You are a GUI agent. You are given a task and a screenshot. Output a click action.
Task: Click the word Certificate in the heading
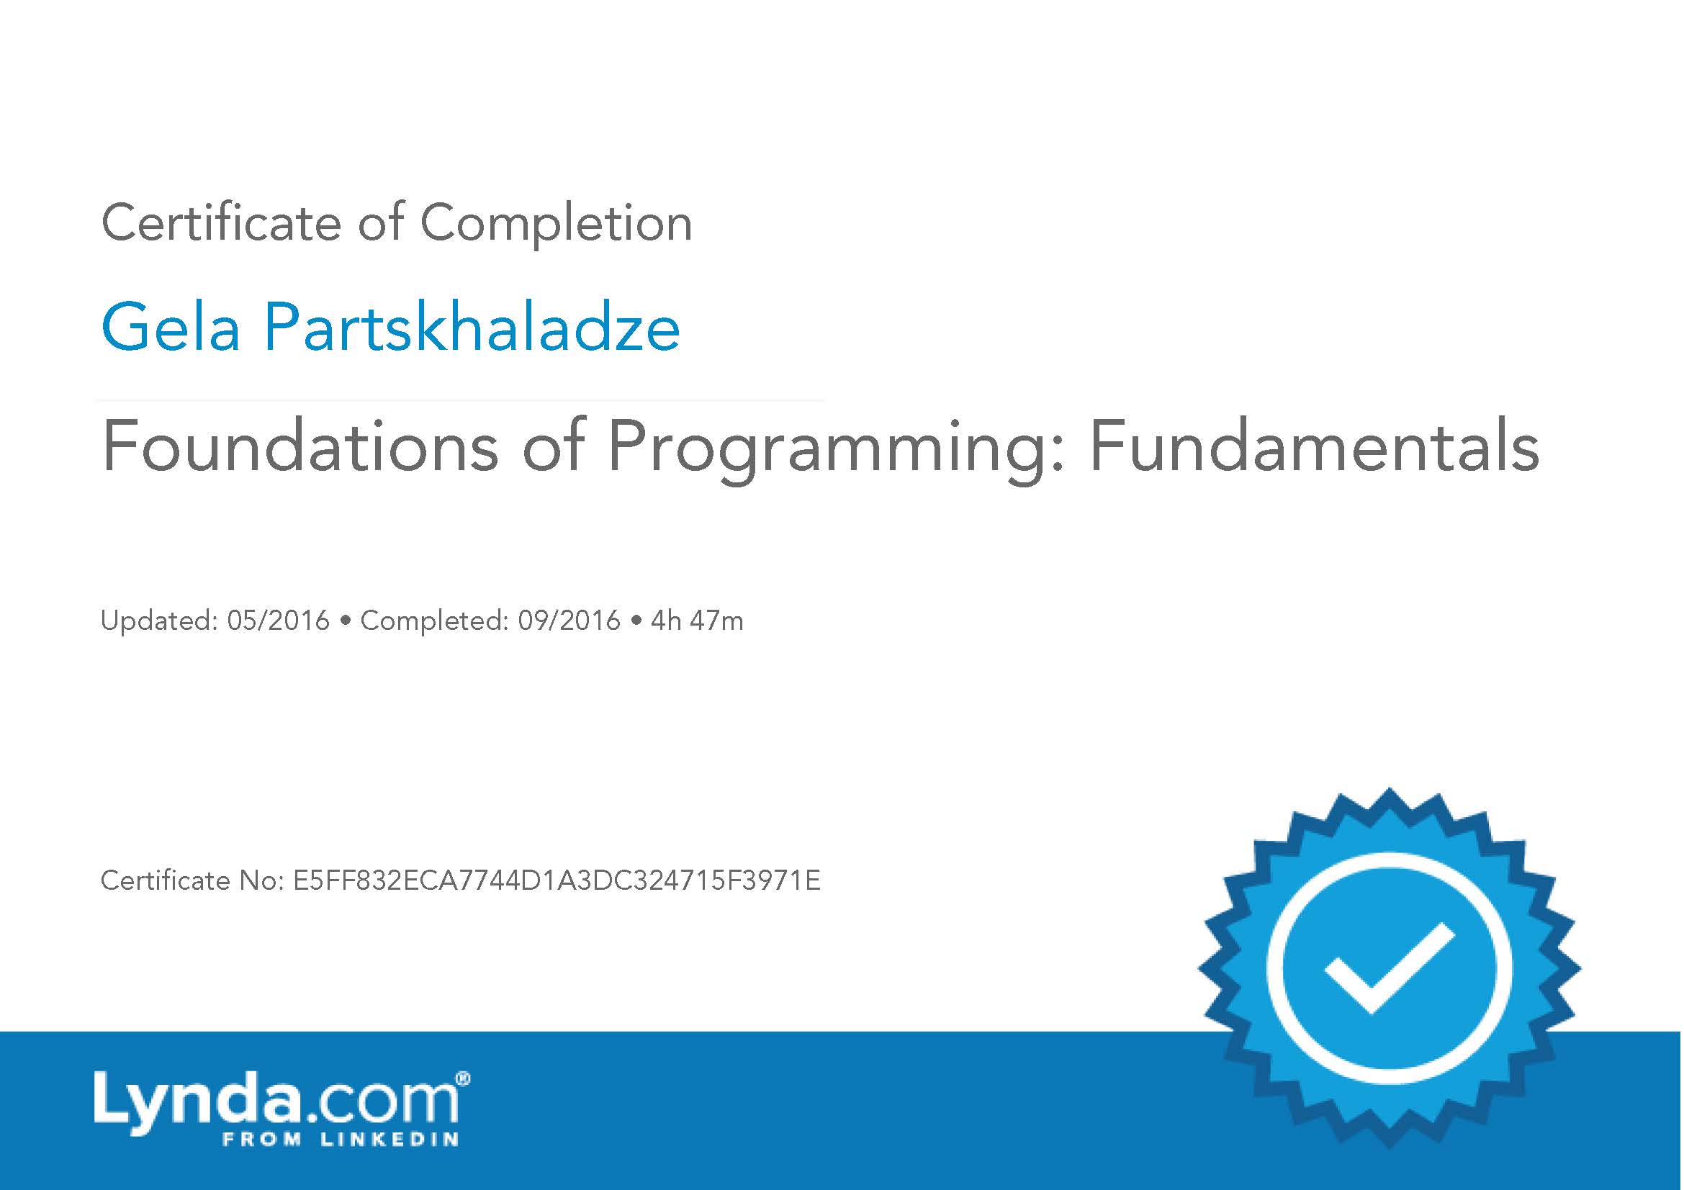point(221,222)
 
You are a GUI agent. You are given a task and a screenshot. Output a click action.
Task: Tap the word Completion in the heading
point(556,224)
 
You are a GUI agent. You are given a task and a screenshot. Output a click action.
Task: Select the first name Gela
point(170,328)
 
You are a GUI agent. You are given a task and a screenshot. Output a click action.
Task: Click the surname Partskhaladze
point(472,328)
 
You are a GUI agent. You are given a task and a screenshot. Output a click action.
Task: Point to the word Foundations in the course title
point(300,446)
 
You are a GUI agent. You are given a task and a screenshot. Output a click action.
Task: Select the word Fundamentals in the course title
point(1314,446)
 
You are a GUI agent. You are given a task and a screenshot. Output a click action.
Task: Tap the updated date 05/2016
point(279,621)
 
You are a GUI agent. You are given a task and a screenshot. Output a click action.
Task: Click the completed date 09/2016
point(569,621)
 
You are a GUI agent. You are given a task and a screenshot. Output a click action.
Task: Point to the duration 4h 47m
point(697,621)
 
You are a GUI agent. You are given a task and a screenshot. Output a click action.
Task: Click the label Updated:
point(159,621)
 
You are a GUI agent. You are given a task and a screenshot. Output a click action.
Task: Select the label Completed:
point(434,621)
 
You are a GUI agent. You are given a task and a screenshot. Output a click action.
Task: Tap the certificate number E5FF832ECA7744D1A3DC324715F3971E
point(557,880)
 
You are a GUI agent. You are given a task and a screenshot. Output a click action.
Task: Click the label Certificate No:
point(192,880)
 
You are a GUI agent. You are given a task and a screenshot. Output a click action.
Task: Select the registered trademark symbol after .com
point(463,1078)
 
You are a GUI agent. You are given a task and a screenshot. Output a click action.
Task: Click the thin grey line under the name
point(461,400)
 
